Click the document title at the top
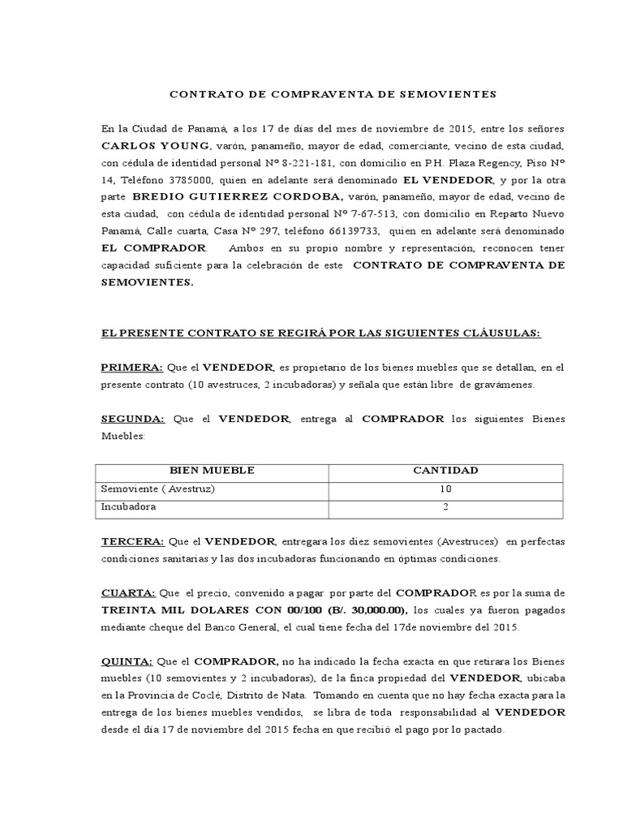click(x=333, y=94)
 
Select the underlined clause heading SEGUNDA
click(x=133, y=419)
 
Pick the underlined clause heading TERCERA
click(x=132, y=541)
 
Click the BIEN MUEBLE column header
click(x=211, y=471)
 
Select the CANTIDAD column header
click(x=445, y=471)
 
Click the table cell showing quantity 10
click(x=445, y=489)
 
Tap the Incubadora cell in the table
click(x=128, y=507)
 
